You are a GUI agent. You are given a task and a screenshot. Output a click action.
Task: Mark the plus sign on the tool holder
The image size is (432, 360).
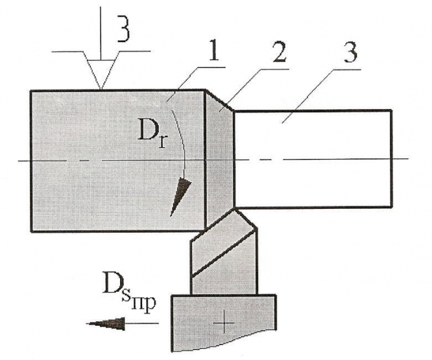click(224, 323)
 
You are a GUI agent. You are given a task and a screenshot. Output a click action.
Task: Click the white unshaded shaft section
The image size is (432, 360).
click(311, 159)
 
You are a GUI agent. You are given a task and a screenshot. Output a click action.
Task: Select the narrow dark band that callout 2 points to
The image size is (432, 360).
click(219, 156)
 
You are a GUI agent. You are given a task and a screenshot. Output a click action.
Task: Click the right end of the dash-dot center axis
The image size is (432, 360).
click(406, 158)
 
